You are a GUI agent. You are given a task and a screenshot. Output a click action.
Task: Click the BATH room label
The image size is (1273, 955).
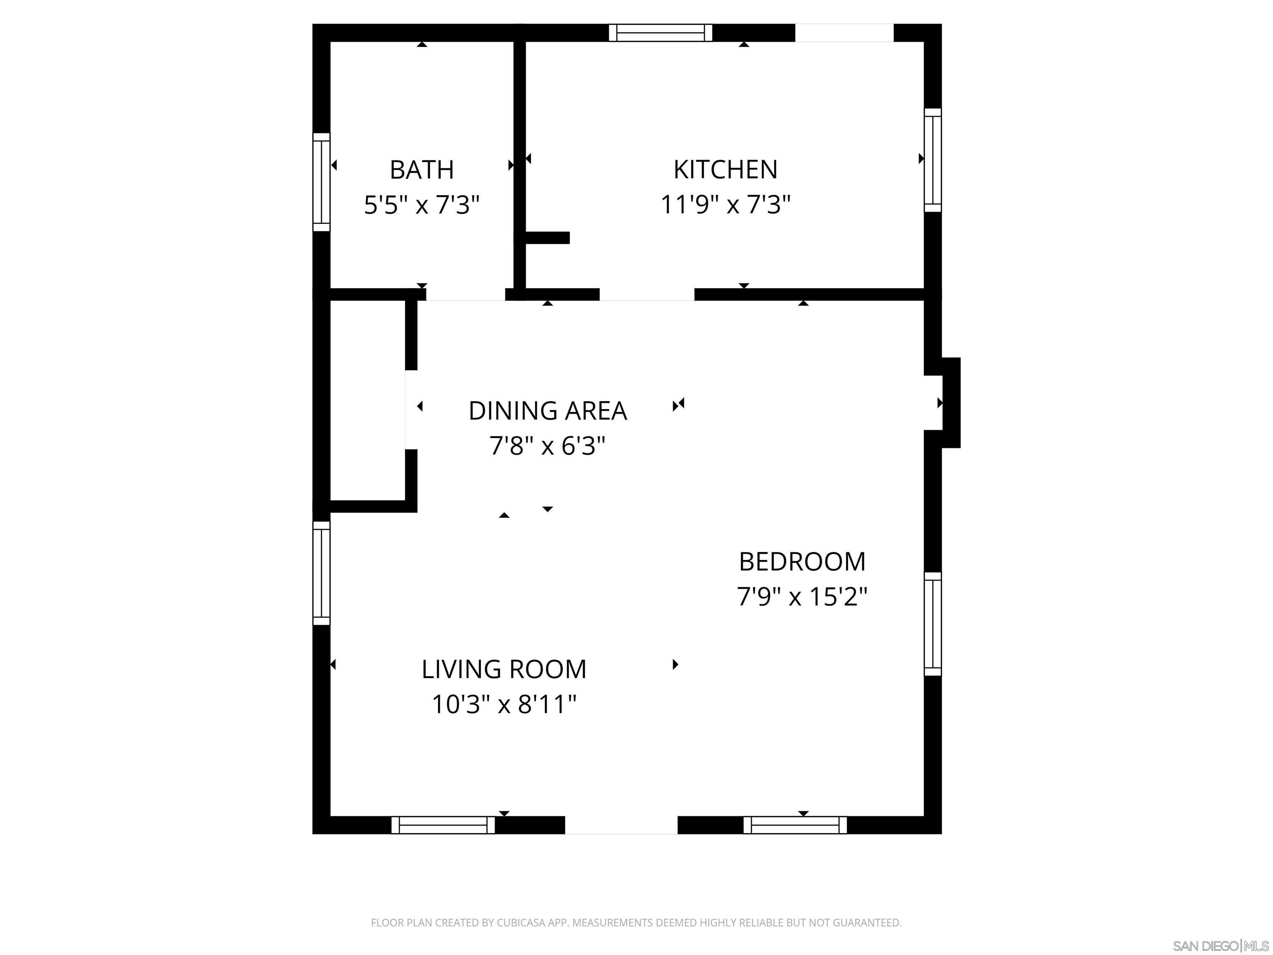422,170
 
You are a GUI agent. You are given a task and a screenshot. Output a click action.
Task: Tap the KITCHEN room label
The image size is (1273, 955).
725,170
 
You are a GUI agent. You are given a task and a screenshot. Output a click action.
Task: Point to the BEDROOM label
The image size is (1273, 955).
802,562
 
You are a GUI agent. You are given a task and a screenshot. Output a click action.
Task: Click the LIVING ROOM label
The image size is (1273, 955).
504,669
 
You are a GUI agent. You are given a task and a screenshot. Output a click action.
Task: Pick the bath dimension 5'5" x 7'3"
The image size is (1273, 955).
422,205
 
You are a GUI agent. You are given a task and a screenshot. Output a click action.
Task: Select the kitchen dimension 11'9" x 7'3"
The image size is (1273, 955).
725,205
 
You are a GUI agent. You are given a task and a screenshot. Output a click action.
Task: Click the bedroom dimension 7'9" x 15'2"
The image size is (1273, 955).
802,597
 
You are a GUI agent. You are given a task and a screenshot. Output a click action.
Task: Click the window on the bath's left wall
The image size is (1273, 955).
321,182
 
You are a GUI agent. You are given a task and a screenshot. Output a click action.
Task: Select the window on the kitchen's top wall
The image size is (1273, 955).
661,33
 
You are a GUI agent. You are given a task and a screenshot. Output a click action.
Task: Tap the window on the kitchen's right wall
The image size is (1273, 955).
932,160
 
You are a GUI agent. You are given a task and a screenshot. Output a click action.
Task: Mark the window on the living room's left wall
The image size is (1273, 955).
321,573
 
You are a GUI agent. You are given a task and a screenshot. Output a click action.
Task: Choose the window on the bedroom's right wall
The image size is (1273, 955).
932,623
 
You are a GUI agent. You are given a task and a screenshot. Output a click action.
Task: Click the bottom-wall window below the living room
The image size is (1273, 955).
443,825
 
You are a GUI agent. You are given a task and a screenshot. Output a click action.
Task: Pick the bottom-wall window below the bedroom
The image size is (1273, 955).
795,825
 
